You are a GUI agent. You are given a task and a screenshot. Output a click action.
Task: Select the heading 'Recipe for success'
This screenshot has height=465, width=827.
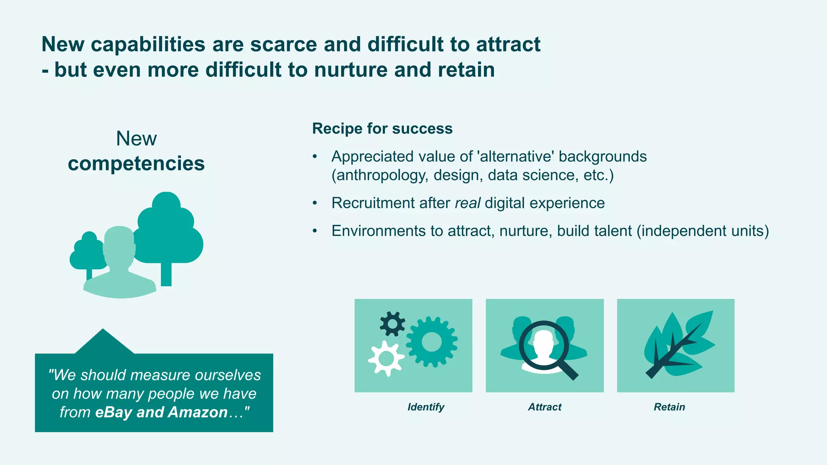(382, 129)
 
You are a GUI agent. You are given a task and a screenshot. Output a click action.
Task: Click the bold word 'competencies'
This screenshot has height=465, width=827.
(136, 163)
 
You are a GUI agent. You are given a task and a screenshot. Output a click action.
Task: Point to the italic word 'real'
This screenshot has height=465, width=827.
(467, 203)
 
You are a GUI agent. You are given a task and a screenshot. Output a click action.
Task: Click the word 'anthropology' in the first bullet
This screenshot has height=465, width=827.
(380, 176)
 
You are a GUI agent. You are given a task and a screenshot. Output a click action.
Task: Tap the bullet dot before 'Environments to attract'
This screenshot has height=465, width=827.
(315, 231)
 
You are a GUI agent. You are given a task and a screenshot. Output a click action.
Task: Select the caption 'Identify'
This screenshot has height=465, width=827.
(426, 407)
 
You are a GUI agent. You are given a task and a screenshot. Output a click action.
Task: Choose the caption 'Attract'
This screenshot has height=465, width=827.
(544, 407)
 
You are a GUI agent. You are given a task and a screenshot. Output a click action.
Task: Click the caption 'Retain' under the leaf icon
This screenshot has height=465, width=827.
(669, 407)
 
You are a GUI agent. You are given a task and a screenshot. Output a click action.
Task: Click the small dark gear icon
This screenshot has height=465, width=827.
(392, 324)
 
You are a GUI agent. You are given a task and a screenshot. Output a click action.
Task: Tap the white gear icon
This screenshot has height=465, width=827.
(386, 358)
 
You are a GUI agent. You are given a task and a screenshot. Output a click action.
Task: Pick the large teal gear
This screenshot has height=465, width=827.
(431, 342)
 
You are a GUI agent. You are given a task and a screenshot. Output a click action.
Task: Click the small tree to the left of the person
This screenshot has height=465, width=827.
(88, 252)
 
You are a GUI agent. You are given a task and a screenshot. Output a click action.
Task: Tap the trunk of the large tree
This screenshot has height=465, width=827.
(166, 274)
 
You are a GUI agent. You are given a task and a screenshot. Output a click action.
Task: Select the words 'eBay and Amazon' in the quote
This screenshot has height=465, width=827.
(162, 413)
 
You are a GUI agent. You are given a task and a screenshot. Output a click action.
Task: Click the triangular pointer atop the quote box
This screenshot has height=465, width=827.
(104, 342)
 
